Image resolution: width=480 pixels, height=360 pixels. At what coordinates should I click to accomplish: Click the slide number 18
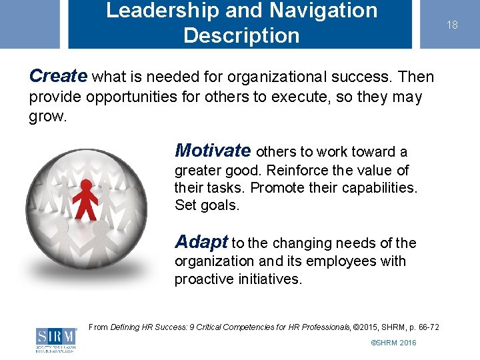coord(452,25)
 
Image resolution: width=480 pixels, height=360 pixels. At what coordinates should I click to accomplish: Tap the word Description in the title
coord(241,35)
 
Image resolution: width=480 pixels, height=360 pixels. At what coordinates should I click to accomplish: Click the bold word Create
coord(58,76)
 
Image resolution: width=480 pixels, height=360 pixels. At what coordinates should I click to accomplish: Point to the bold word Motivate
coord(213,151)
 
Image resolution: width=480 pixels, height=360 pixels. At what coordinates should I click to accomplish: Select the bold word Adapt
coord(201,242)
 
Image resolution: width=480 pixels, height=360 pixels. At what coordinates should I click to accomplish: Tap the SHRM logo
coord(56,339)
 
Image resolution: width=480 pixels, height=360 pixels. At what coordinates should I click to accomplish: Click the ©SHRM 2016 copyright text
coord(393,343)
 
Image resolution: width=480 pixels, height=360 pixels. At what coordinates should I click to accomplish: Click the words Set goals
coord(206,205)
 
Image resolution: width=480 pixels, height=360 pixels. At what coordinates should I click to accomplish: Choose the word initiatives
coord(269,279)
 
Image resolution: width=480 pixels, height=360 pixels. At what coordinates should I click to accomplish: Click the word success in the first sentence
coord(361,77)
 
